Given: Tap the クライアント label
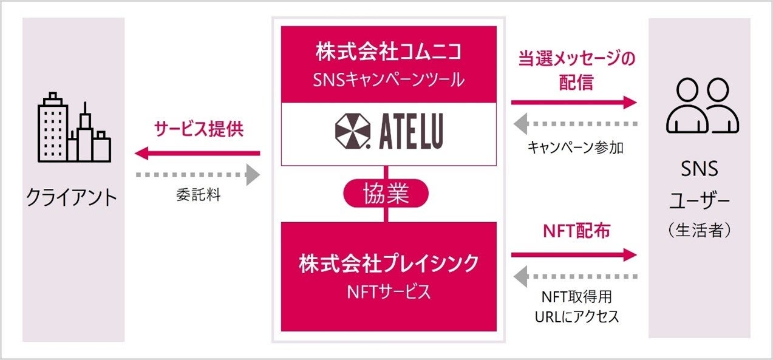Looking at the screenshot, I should pyautogui.click(x=72, y=197).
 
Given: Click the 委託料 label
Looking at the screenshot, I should pyautogui.click(x=198, y=196).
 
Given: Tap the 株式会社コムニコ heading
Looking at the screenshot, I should pyautogui.click(x=389, y=52).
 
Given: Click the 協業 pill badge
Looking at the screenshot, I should pyautogui.click(x=386, y=194).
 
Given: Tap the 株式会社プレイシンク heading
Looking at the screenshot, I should pyautogui.click(x=389, y=264).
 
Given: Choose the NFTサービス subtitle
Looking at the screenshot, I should pyautogui.click(x=389, y=291).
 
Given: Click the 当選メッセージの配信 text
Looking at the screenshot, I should pyautogui.click(x=576, y=70).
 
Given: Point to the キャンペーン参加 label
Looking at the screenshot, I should pyautogui.click(x=575, y=147).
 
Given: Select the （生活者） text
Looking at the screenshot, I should pyautogui.click(x=699, y=231).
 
